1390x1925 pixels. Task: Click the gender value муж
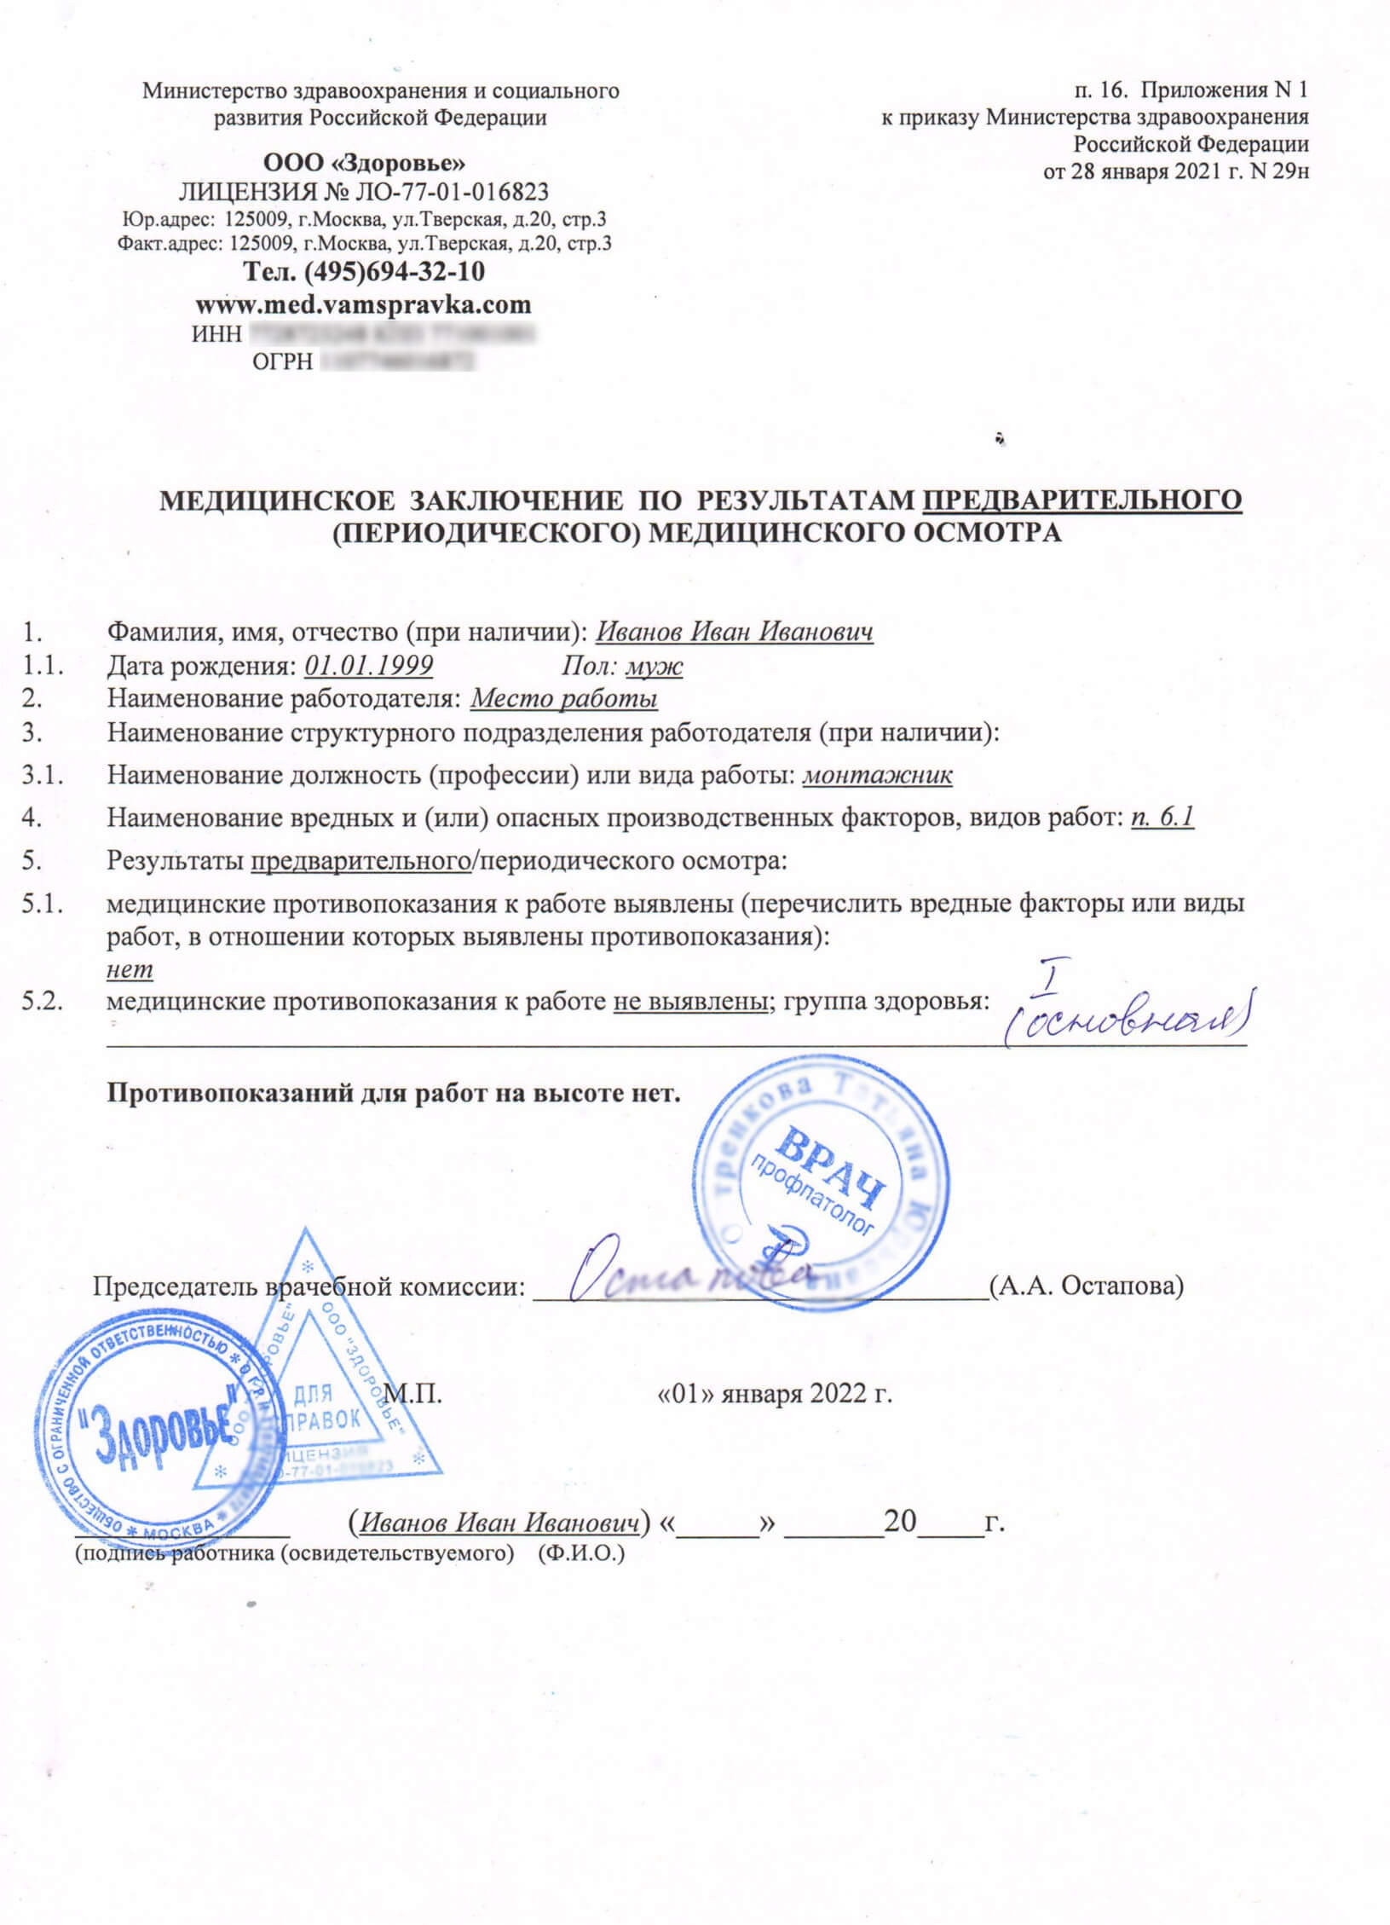coord(654,665)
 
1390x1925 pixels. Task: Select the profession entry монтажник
coord(879,776)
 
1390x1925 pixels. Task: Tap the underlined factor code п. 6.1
coord(1162,818)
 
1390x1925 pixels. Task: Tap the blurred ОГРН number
coord(396,363)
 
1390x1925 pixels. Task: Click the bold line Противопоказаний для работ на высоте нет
coord(393,1094)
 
